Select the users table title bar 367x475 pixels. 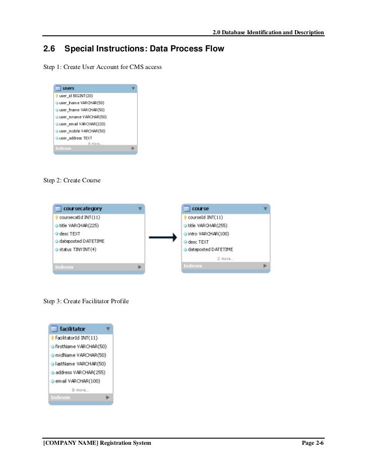click(94, 88)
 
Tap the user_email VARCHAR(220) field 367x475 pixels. click(82, 124)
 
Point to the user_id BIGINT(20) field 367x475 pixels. click(76, 96)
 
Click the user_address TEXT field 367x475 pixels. click(76, 138)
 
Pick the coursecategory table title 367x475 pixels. click(83, 208)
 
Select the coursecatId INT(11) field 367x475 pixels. click(80, 217)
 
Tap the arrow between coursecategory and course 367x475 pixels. click(163, 237)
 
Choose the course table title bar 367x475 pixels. click(225, 208)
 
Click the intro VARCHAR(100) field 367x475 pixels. click(208, 234)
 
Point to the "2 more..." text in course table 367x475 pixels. click(225, 258)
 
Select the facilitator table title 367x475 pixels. click(73, 329)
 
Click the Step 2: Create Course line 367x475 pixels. click(72, 180)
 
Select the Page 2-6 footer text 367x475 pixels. click(312, 442)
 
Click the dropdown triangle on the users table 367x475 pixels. click(133, 88)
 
